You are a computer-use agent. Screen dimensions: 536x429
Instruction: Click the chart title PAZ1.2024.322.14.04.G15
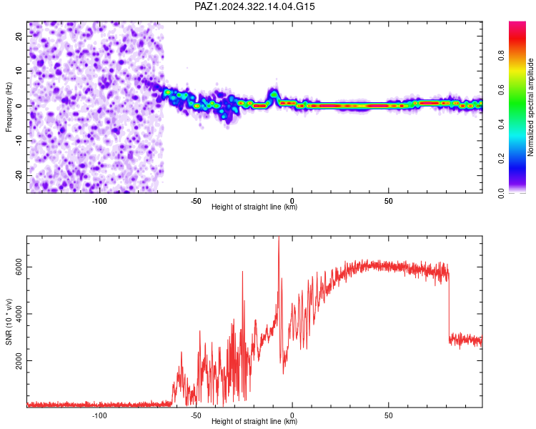254,6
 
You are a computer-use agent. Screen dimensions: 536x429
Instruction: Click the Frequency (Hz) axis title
9,107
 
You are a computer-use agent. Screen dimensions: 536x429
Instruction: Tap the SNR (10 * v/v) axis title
9,322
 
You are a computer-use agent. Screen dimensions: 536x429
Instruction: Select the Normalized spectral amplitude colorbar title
530,107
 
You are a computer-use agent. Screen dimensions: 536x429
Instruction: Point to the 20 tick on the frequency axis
19,36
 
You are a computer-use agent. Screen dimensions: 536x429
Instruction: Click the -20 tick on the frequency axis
19,175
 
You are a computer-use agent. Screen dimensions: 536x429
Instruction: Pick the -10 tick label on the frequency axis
19,141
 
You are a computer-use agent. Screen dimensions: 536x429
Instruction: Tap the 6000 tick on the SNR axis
19,267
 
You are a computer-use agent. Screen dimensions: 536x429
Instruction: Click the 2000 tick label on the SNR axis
19,360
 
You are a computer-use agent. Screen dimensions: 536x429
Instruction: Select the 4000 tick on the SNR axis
19,314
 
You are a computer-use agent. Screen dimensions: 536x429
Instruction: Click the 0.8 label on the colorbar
501,55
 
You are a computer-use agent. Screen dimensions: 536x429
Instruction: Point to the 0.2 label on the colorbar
501,159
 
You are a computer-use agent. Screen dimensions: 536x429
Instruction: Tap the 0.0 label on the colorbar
501,193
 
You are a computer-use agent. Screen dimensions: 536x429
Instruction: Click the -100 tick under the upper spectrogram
99,201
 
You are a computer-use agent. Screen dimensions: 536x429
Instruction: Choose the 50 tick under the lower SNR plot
388,415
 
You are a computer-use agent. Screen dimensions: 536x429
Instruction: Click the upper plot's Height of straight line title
254,207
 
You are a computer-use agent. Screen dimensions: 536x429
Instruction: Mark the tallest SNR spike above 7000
279,237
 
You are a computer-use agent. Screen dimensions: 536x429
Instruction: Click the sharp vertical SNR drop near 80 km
450,305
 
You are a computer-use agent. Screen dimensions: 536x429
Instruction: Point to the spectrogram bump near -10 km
274,94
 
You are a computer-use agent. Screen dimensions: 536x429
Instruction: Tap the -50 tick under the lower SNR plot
196,415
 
